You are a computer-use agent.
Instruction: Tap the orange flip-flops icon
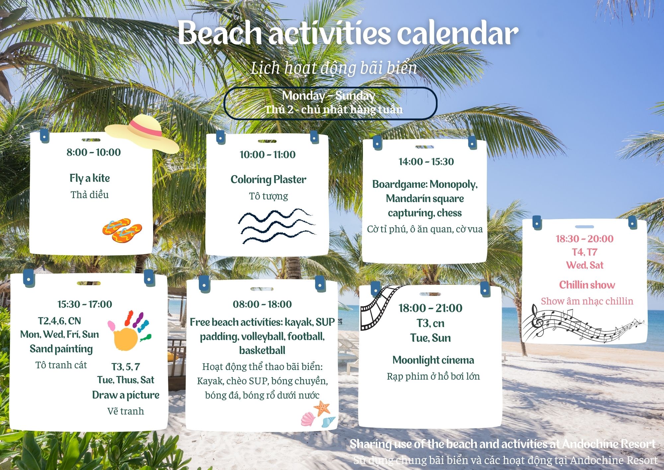point(122,230)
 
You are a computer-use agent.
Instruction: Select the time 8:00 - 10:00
point(94,152)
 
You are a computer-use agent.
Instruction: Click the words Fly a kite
point(90,178)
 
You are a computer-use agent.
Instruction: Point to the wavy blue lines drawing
point(277,226)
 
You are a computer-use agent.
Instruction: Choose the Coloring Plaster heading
point(268,179)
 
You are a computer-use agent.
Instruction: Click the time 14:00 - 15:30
point(426,162)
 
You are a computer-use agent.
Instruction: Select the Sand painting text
point(61,349)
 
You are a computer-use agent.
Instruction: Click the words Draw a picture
point(126,395)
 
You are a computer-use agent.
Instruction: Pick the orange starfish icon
point(322,408)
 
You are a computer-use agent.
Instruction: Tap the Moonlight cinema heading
point(433,360)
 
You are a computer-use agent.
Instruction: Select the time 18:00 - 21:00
point(430,308)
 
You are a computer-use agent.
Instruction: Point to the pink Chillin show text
point(587,285)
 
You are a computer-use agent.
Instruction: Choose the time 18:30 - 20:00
point(585,239)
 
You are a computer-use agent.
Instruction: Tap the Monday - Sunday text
point(329,96)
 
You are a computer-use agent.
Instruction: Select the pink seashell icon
point(308,419)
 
